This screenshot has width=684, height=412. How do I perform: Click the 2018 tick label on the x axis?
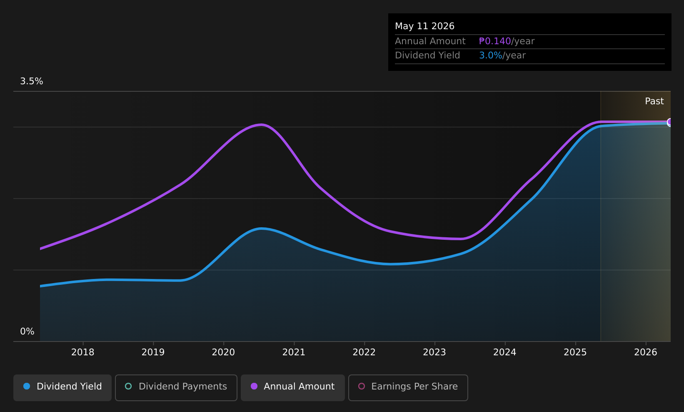coord(83,352)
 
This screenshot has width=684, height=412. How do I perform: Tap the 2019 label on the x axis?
coord(153,352)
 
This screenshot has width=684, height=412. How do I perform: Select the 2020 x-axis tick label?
coord(224,352)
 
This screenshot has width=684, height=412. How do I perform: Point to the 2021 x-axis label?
coord(294,352)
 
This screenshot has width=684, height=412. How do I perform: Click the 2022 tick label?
coord(364,352)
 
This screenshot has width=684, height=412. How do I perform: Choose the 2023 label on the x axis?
coord(434,352)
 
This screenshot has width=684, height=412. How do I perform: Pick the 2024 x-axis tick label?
coord(505,352)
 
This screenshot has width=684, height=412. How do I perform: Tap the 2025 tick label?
coord(575,352)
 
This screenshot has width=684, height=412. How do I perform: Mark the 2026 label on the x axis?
coord(646,352)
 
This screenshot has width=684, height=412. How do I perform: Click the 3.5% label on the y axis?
coord(32,81)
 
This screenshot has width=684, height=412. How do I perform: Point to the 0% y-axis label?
coord(27,332)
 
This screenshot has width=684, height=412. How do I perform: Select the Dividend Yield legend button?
coord(62,387)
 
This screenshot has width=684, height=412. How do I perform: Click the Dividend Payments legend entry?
coord(176,387)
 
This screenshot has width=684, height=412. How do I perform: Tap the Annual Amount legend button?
coord(293,387)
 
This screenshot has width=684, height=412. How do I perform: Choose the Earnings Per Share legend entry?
coord(408,387)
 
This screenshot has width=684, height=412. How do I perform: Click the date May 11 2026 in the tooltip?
coord(425,26)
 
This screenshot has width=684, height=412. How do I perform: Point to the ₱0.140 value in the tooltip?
coord(495,41)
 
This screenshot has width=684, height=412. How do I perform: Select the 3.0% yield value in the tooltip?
coord(490,55)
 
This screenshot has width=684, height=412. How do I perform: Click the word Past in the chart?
coord(654,101)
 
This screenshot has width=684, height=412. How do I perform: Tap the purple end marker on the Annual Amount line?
coord(670,122)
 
